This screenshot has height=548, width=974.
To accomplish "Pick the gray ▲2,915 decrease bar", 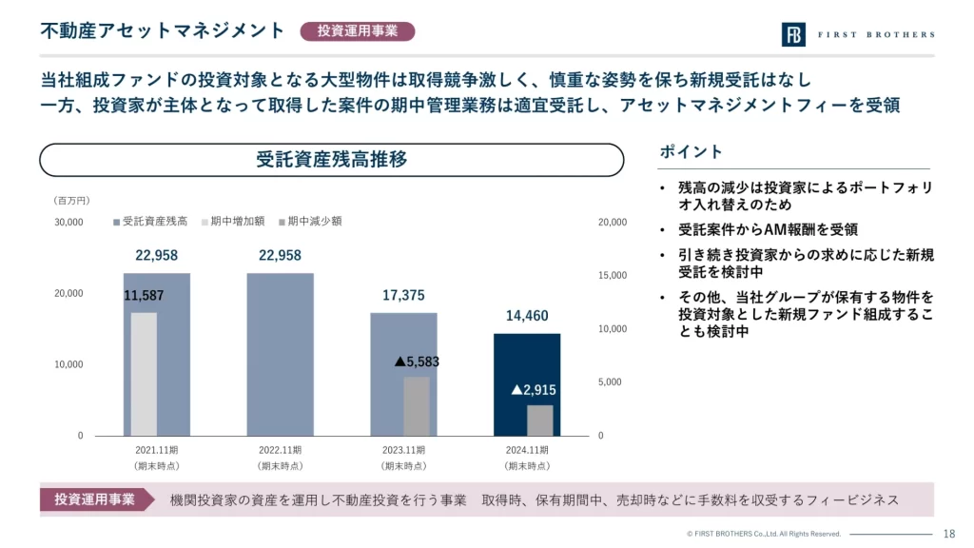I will click(540, 420).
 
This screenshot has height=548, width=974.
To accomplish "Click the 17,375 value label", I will click(403, 296).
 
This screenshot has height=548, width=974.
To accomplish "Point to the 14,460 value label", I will click(526, 316).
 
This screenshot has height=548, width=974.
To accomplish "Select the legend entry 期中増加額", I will click(233, 221).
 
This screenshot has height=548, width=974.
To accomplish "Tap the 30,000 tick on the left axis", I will click(68, 223).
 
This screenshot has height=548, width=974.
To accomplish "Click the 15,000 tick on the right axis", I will click(612, 276).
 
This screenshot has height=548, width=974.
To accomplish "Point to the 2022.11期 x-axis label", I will click(280, 450).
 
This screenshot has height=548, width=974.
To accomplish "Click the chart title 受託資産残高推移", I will click(331, 160).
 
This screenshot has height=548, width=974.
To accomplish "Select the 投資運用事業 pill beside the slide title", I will click(358, 31).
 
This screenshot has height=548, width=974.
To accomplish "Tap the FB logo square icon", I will click(793, 34).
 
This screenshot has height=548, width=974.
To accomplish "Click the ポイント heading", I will click(691, 152).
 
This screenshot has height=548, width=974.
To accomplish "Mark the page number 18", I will click(948, 534).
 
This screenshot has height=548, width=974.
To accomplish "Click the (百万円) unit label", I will click(72, 201).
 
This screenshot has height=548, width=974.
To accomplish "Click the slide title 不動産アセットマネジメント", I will click(163, 30).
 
